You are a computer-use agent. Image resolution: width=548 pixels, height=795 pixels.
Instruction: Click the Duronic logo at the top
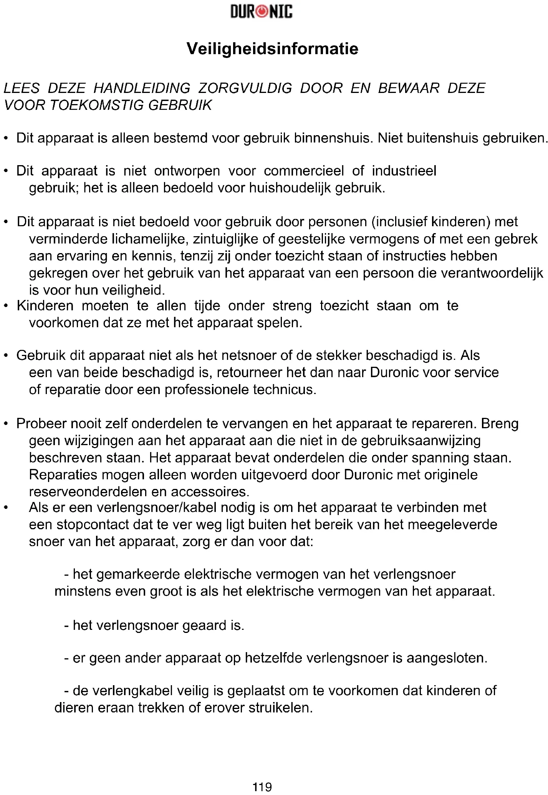click(262, 12)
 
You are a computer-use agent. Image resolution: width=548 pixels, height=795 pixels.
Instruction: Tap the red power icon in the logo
click(262, 12)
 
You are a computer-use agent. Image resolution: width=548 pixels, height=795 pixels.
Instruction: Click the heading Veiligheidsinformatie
click(272, 49)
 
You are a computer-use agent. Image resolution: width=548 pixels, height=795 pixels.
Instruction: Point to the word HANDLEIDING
click(142, 88)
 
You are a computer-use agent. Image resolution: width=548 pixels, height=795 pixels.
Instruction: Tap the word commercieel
click(304, 171)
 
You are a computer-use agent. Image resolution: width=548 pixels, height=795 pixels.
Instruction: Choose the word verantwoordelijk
click(492, 273)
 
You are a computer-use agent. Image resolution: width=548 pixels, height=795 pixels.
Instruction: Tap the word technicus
click(285, 390)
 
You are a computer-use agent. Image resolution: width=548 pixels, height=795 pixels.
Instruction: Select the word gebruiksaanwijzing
click(421, 441)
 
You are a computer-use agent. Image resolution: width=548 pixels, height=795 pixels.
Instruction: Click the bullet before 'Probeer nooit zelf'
click(6, 424)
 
